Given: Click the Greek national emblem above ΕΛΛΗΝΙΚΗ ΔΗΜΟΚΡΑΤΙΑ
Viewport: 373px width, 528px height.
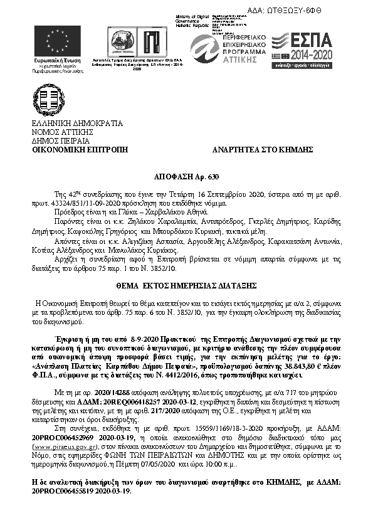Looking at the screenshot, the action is coord(49,98).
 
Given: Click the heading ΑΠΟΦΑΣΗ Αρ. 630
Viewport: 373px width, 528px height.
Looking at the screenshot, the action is coord(186,178).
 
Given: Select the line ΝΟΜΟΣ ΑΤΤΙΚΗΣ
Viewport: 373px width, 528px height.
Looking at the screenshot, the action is coord(62,132).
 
